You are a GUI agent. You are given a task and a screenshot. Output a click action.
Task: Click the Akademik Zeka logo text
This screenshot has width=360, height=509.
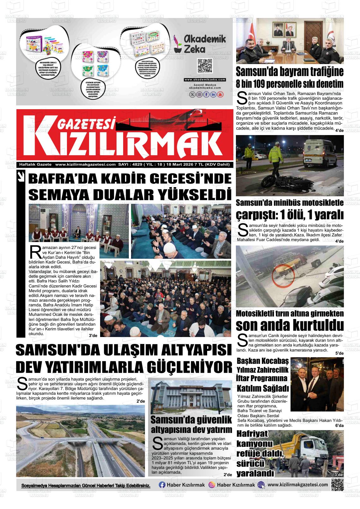click(205, 44)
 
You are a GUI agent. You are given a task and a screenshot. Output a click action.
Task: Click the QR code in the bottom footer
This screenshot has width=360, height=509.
click(337, 485)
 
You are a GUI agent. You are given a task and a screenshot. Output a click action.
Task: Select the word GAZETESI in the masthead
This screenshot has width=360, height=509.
click(86, 125)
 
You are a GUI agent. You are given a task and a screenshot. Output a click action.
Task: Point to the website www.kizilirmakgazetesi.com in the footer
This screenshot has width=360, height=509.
click(297, 485)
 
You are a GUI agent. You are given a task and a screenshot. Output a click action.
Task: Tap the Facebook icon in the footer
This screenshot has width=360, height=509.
click(162, 485)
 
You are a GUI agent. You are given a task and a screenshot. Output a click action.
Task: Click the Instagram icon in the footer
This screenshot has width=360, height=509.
click(212, 485)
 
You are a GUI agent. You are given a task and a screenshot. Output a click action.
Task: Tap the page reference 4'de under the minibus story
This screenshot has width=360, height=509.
click(339, 241)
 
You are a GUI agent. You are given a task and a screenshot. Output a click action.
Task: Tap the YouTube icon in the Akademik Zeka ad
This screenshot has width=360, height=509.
click(220, 94)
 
